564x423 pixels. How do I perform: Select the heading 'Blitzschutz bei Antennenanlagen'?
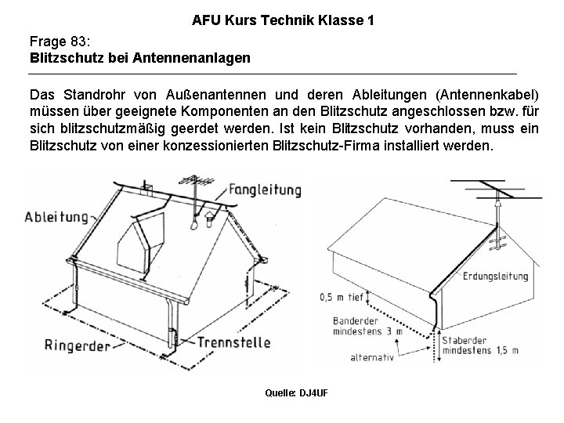[x=140, y=57]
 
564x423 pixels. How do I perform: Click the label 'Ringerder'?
[x=75, y=345]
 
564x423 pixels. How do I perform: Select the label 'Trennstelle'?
[x=233, y=342]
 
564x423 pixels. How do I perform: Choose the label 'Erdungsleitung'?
[x=497, y=277]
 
